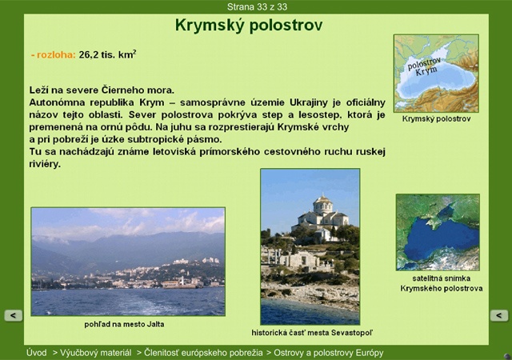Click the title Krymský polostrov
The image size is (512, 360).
249,26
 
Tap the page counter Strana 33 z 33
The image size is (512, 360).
257,7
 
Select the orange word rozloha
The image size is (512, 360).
56,54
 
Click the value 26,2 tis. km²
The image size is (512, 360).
107,54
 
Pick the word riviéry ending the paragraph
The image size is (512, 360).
45,164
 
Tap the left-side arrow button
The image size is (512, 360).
14,315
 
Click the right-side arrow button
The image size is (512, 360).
499,315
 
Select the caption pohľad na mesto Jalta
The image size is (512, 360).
124,324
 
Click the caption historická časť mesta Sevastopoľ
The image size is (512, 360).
312,333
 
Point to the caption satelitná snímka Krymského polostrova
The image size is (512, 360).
442,283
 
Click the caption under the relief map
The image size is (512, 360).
436,119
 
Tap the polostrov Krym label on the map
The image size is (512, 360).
425,66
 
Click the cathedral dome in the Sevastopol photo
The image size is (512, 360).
322,204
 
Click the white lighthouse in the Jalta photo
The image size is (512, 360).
182,280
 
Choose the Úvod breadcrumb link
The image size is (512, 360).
37,353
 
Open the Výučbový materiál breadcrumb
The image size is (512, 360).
95,353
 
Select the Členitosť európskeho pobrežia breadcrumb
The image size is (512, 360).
203,353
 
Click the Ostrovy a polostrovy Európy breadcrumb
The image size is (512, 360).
329,353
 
